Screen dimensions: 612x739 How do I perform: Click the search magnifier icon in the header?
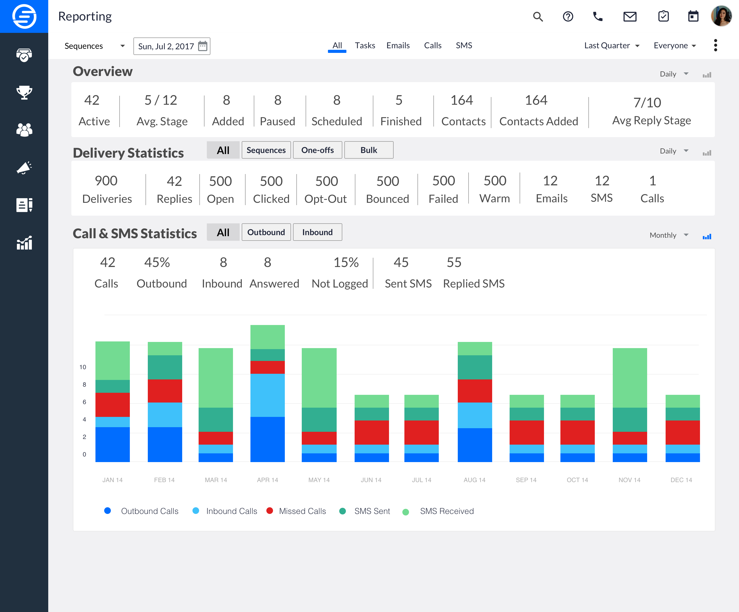[538, 16]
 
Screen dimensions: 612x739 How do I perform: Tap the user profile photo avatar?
[721, 16]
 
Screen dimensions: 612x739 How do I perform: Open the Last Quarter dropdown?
[612, 45]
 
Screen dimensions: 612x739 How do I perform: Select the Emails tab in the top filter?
[398, 45]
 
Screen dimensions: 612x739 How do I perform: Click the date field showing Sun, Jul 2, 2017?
[171, 46]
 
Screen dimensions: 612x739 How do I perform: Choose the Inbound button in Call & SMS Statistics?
[317, 232]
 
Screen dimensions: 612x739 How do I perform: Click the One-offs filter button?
[317, 150]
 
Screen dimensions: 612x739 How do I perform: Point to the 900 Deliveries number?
[106, 181]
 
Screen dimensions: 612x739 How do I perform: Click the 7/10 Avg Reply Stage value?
[647, 102]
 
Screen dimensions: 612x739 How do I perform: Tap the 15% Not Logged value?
[346, 262]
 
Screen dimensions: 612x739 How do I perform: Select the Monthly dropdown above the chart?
[668, 235]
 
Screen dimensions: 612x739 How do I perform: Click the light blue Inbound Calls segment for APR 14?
[267, 395]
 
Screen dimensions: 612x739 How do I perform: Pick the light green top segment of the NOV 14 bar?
[629, 377]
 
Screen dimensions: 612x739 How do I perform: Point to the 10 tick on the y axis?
[83, 367]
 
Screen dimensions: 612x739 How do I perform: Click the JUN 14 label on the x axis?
[371, 480]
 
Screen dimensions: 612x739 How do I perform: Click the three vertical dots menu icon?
[715, 45]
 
